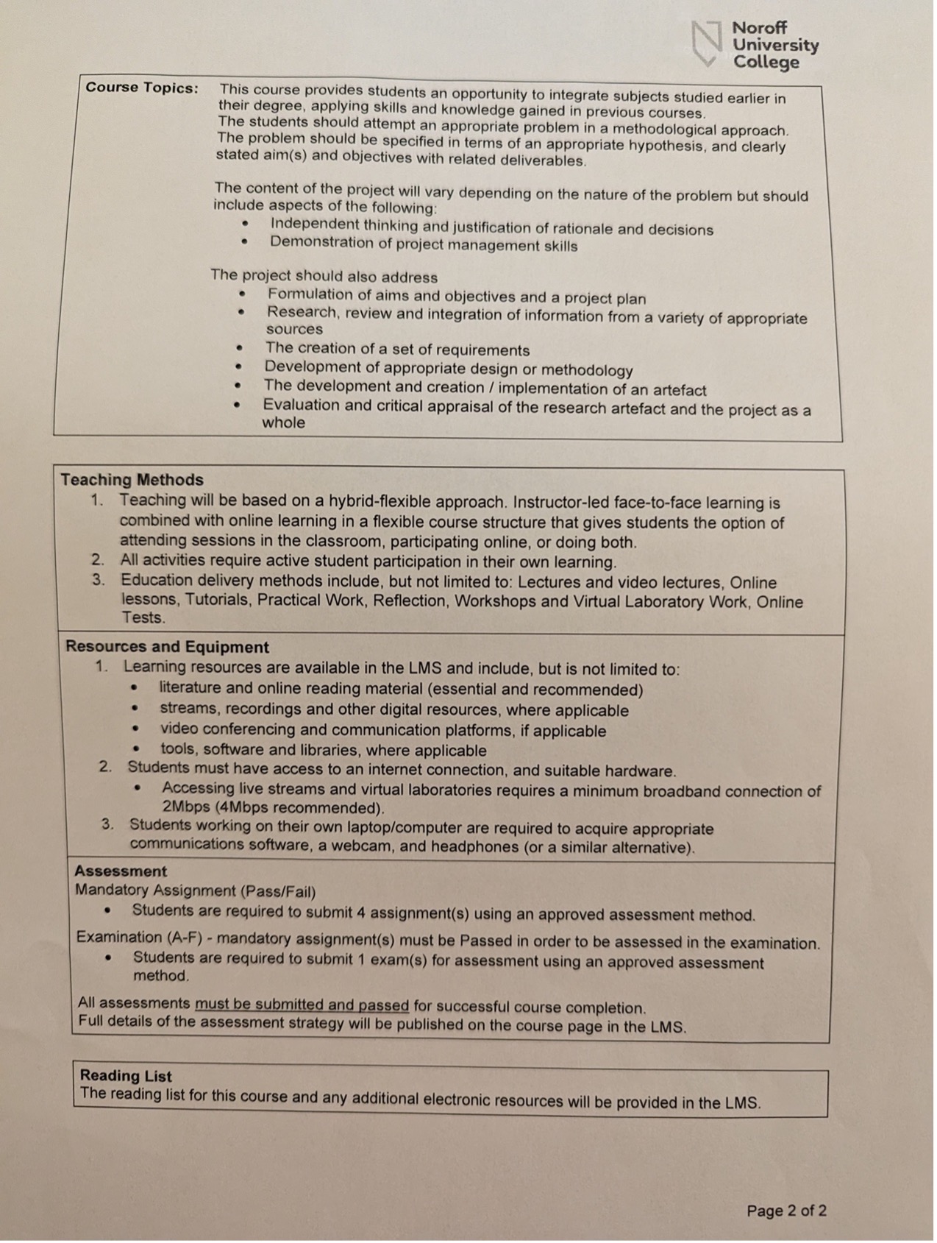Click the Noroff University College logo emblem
pyautogui.click(x=707, y=43)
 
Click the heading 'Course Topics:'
pyautogui.click(x=142, y=88)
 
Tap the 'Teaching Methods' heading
pyautogui.click(x=132, y=480)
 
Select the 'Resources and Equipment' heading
pyautogui.click(x=167, y=647)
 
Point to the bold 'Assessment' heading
pyautogui.click(x=121, y=871)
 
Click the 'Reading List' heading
pyautogui.click(x=126, y=1076)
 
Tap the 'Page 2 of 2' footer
pyautogui.click(x=786, y=1211)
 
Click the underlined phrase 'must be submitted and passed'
pyautogui.click(x=302, y=1005)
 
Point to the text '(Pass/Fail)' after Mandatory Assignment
pyautogui.click(x=278, y=892)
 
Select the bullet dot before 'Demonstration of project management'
pyautogui.click(x=244, y=242)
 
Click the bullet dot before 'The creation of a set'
pyautogui.click(x=239, y=347)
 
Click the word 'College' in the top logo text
pyautogui.click(x=766, y=63)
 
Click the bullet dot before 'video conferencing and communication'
pyautogui.click(x=135, y=730)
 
